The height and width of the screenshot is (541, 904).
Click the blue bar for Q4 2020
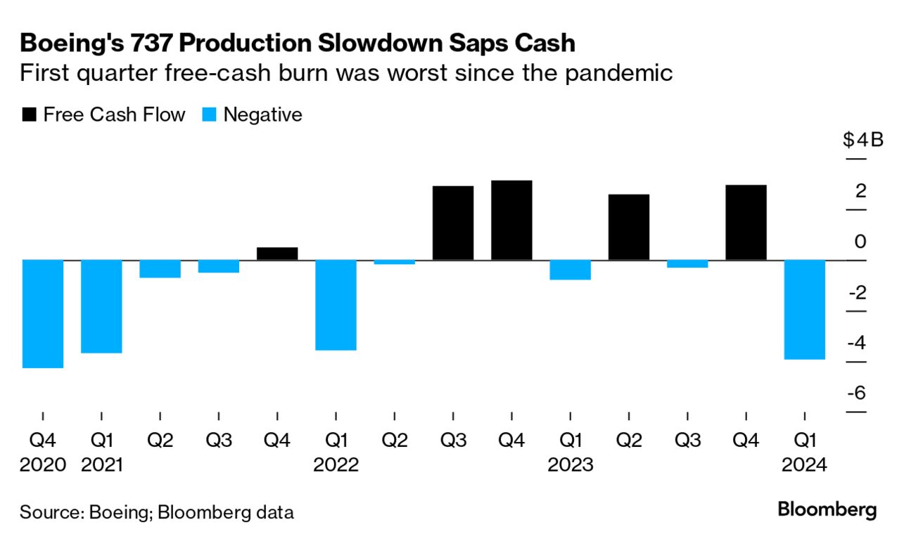43,313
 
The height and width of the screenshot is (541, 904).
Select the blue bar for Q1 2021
101,306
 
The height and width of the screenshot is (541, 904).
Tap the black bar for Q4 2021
277,254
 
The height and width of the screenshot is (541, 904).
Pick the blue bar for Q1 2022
336,304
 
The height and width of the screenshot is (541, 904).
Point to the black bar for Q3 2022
453,223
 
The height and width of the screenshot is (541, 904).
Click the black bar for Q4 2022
511,220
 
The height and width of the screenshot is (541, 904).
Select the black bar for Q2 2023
629,227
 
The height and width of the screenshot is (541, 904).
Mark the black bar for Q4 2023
746,222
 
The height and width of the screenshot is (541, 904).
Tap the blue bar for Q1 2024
805,309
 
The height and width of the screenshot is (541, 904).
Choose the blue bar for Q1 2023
570,270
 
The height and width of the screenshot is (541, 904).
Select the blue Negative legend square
209,115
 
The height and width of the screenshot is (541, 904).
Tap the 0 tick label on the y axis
860,242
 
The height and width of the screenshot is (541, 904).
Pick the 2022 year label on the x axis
336,464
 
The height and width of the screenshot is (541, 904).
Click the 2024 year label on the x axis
805,464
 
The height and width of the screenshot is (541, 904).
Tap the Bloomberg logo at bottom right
827,510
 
